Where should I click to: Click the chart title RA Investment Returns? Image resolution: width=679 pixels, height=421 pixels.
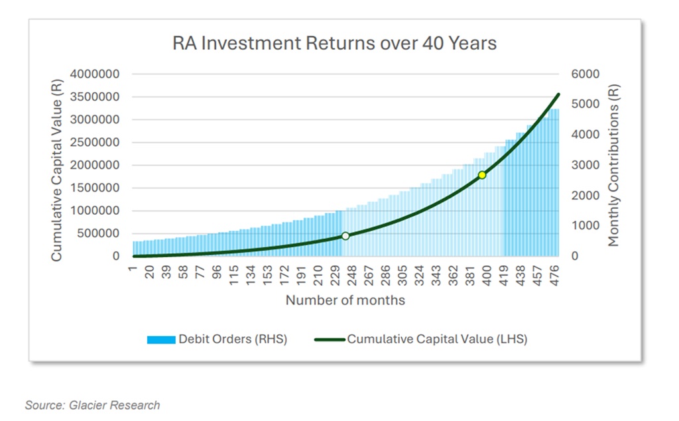(x=334, y=44)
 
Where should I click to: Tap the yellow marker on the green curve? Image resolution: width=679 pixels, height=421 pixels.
(x=482, y=175)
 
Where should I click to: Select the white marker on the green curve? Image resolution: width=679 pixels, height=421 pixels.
(x=345, y=236)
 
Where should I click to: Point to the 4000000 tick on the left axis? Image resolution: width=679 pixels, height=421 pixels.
(x=95, y=74)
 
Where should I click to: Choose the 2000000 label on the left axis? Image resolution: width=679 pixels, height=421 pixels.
(x=95, y=165)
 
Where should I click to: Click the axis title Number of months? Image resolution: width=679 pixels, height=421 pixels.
(x=345, y=300)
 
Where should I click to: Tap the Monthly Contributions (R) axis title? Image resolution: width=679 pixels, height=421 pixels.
(x=613, y=165)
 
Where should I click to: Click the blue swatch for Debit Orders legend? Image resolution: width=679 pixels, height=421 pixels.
(x=160, y=339)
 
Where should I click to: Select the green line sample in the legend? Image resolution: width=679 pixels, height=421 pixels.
(x=326, y=339)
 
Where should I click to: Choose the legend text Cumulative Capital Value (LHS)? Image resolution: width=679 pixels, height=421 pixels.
(x=437, y=339)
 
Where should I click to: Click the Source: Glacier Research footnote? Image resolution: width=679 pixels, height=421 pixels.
(x=92, y=404)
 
